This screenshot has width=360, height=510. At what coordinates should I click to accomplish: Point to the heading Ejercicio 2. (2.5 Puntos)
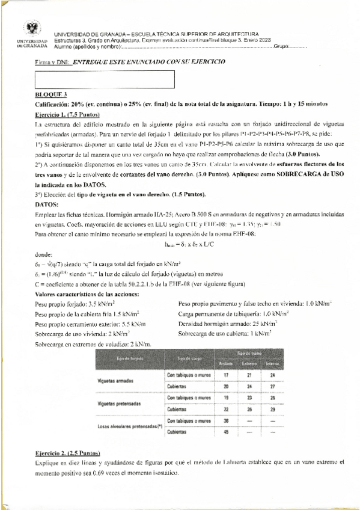point(67,452)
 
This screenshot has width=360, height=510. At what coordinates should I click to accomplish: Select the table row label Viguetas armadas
point(120,381)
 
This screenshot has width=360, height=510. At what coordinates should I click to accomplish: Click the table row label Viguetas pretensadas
point(123,404)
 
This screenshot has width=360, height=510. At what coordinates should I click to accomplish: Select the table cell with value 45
point(225,432)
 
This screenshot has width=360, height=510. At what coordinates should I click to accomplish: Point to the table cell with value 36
point(225,420)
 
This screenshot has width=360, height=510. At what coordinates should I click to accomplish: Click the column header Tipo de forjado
point(130,358)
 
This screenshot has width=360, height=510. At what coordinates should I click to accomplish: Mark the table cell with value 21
point(248,375)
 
